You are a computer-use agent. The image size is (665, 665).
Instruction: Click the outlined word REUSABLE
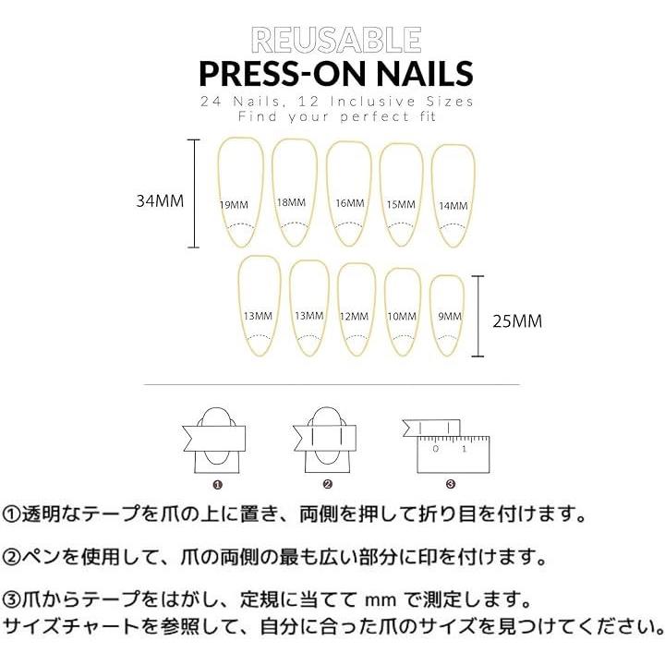(336, 40)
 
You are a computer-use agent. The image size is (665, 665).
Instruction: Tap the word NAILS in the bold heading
(425, 73)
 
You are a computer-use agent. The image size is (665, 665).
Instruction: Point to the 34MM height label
(160, 200)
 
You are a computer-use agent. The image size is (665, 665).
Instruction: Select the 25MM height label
(517, 321)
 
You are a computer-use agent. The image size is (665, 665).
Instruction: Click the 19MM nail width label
(234, 205)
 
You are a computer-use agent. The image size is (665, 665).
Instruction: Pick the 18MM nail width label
(291, 202)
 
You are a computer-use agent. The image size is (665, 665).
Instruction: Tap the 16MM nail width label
(350, 203)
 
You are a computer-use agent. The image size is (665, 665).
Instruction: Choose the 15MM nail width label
(401, 205)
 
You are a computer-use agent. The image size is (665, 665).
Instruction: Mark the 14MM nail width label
(453, 206)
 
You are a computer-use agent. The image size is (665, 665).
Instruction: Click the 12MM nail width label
(354, 317)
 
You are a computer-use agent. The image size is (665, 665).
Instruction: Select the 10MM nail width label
(402, 317)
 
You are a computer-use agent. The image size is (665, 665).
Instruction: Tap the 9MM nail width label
(450, 317)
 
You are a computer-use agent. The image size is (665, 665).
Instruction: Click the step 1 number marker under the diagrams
(218, 485)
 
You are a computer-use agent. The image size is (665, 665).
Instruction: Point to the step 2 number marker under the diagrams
(327, 484)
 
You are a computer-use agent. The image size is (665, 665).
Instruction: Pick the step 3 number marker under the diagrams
(451, 484)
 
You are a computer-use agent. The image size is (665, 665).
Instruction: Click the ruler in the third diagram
(453, 455)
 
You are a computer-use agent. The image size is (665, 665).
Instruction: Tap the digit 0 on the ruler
(435, 449)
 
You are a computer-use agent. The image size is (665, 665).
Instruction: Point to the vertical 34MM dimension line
(194, 193)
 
